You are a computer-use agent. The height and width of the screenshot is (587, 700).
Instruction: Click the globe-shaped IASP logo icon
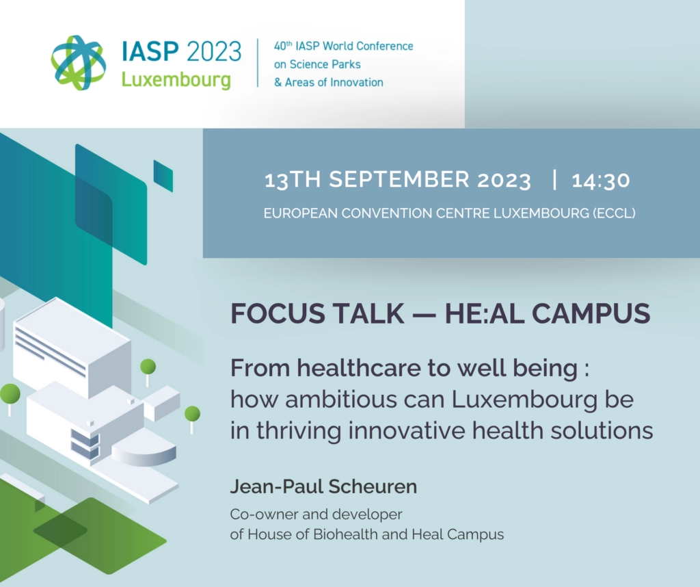(x=79, y=62)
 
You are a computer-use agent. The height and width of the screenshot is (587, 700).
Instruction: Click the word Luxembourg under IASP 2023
(x=176, y=80)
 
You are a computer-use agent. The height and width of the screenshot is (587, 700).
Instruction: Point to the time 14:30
(x=601, y=181)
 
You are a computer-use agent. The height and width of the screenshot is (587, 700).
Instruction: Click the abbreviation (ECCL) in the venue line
(x=614, y=213)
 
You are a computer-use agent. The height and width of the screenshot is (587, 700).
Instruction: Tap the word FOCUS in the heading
(x=273, y=313)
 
